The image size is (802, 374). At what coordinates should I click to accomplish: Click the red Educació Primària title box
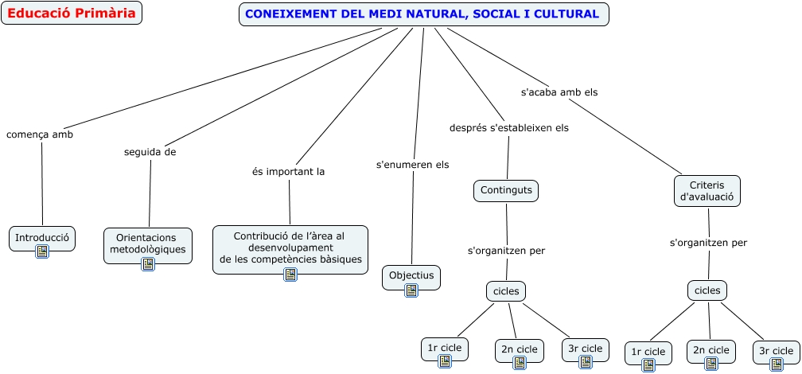(72, 14)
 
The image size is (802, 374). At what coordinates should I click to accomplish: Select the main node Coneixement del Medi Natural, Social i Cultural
(423, 14)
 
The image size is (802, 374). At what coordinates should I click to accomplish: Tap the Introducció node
(43, 236)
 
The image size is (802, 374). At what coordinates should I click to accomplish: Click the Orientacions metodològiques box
(148, 243)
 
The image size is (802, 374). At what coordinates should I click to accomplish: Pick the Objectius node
(411, 275)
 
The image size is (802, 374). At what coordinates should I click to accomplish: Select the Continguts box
(506, 190)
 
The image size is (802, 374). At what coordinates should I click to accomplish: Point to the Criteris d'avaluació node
(707, 191)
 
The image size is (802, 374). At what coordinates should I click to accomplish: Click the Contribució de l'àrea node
(290, 247)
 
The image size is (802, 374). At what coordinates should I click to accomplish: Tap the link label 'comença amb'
(40, 134)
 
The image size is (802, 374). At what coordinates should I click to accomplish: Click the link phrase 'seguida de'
(150, 151)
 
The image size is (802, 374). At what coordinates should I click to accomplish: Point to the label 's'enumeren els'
(412, 165)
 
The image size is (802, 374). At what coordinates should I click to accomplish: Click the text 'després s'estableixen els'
(509, 127)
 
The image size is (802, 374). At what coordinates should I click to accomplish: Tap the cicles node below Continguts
(506, 291)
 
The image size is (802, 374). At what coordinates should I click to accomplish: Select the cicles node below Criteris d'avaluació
(707, 290)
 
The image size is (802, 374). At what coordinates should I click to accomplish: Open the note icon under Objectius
(411, 290)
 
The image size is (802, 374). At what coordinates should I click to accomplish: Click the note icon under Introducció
(42, 251)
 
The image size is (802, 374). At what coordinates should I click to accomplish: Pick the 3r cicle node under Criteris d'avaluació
(775, 350)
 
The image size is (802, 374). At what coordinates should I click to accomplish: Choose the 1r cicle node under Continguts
(444, 348)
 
